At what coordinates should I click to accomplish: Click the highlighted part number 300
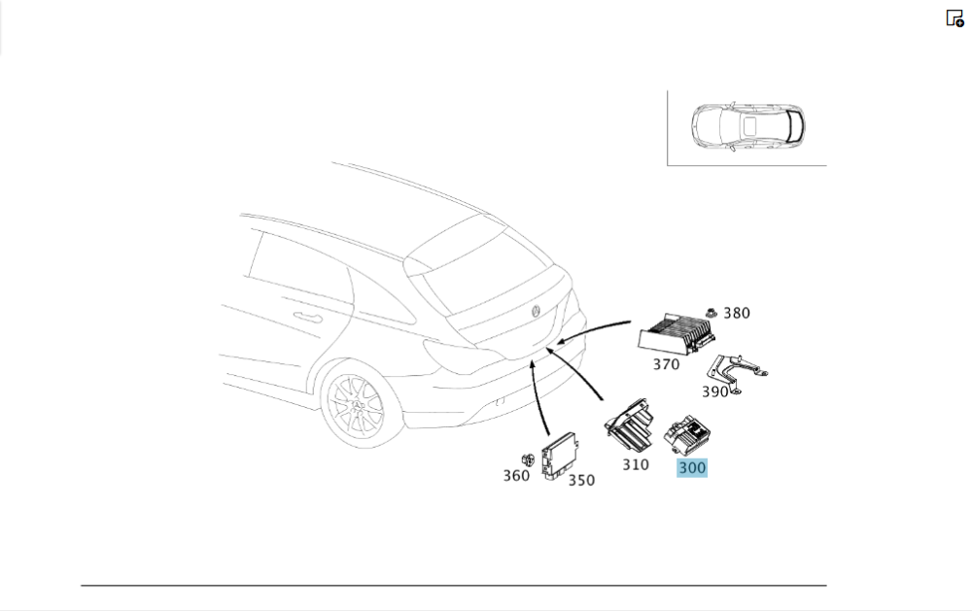pos(692,468)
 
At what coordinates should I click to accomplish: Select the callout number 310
pos(636,464)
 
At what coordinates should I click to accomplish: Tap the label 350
pos(581,480)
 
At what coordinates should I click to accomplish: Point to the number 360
pos(516,476)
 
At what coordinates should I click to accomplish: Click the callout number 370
pos(666,364)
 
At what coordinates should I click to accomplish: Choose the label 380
pos(737,314)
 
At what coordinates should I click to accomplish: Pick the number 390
pos(714,391)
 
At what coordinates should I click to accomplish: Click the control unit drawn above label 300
pos(687,435)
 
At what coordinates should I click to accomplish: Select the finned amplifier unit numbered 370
pos(677,334)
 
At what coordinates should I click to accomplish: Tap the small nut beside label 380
pos(712,313)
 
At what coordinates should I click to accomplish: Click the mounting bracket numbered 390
pos(738,373)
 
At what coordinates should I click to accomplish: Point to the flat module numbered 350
pos(561,457)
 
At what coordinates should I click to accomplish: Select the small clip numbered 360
pos(528,459)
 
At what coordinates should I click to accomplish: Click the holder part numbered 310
pos(629,425)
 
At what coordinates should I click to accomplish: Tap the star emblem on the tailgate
pos(536,312)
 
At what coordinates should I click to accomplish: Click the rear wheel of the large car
pos(354,406)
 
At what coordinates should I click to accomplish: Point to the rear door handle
pos(307,318)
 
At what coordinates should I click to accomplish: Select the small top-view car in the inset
pos(748,126)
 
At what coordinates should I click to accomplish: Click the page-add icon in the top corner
pos(955,17)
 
